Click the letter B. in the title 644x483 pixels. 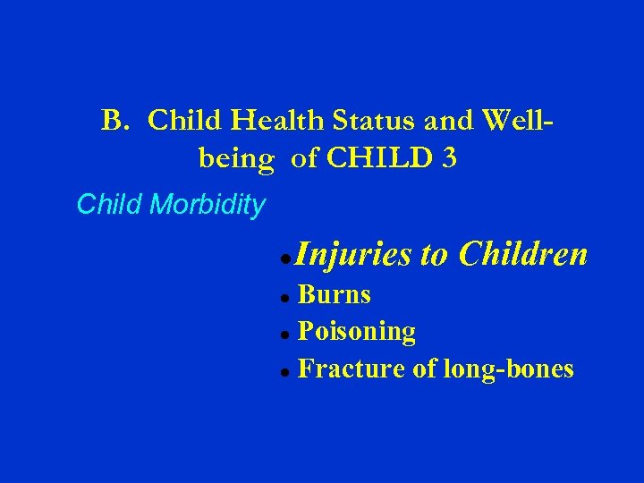coord(116,121)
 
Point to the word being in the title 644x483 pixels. coord(235,159)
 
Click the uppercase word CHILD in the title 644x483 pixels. coord(375,159)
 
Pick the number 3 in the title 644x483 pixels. coord(447,159)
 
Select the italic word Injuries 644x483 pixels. coord(352,256)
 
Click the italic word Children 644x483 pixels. coord(522,255)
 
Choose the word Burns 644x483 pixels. coord(334,295)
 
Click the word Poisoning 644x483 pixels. coord(356,333)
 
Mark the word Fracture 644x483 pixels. coord(352,369)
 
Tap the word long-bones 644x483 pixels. coord(508,369)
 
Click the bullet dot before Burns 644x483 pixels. coord(283,297)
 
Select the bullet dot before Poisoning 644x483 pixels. coord(283,334)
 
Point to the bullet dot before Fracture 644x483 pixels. coord(283,370)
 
